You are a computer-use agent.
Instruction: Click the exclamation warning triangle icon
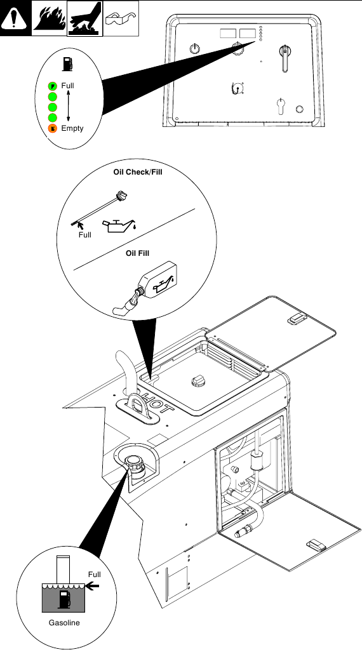pos(15,18)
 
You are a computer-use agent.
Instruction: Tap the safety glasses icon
pos(121,18)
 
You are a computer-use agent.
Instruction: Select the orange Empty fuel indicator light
pos(53,128)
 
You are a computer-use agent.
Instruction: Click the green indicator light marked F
pos(53,86)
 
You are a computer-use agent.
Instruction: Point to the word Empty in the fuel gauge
pos(72,128)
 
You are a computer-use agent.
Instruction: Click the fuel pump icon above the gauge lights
pos(67,64)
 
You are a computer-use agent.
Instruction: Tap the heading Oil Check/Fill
pos(138,172)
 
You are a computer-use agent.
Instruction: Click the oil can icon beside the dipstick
pos(119,225)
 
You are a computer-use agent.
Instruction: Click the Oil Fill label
pos(137,253)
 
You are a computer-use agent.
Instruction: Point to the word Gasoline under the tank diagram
pos(64,622)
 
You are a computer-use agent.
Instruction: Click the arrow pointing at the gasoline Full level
pos(93,587)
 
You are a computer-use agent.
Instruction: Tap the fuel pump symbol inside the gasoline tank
pos(65,599)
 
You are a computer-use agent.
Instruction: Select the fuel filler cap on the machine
pos(135,462)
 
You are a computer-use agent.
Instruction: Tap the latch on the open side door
pos(316,545)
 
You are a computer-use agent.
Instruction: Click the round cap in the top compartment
pos(198,382)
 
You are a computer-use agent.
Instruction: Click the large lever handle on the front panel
pos(285,58)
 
